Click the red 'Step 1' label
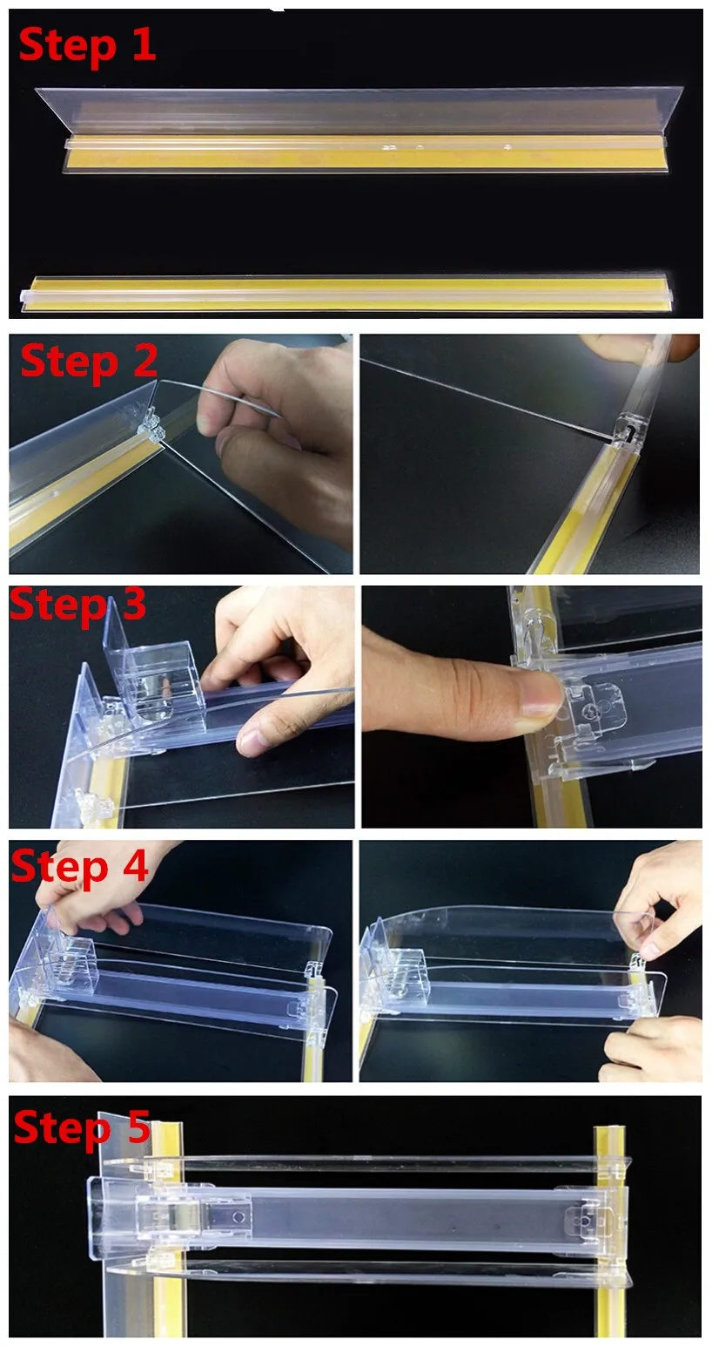(x=87, y=45)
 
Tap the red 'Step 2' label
(x=89, y=361)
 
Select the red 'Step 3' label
(x=78, y=605)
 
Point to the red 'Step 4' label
(x=79, y=867)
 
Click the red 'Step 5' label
(x=82, y=1128)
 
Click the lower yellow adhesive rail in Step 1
(x=346, y=293)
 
